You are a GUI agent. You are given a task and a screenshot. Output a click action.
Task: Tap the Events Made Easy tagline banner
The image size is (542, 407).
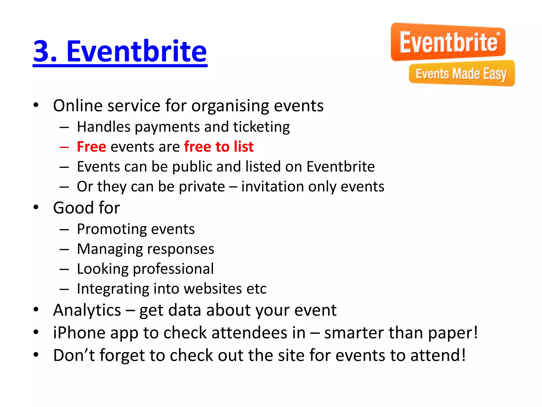(x=462, y=74)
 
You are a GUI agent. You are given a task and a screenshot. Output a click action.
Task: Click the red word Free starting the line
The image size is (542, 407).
(x=92, y=147)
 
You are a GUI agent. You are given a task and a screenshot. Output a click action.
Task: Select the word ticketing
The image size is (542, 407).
(x=261, y=127)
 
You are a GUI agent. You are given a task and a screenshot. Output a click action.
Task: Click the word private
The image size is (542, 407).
(x=202, y=187)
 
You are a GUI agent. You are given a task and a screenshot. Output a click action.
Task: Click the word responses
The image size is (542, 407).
(x=180, y=249)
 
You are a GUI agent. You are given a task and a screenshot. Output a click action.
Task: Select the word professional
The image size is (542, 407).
(x=173, y=269)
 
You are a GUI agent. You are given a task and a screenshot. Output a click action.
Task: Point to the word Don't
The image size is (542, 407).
(x=74, y=356)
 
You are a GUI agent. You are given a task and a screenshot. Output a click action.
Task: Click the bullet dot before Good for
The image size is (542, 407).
(x=36, y=207)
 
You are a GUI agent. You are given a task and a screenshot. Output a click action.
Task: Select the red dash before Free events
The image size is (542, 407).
(x=64, y=147)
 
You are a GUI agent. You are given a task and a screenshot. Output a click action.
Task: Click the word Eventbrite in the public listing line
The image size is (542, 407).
(x=341, y=167)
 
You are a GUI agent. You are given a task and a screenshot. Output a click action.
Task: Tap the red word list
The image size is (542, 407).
(x=243, y=147)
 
